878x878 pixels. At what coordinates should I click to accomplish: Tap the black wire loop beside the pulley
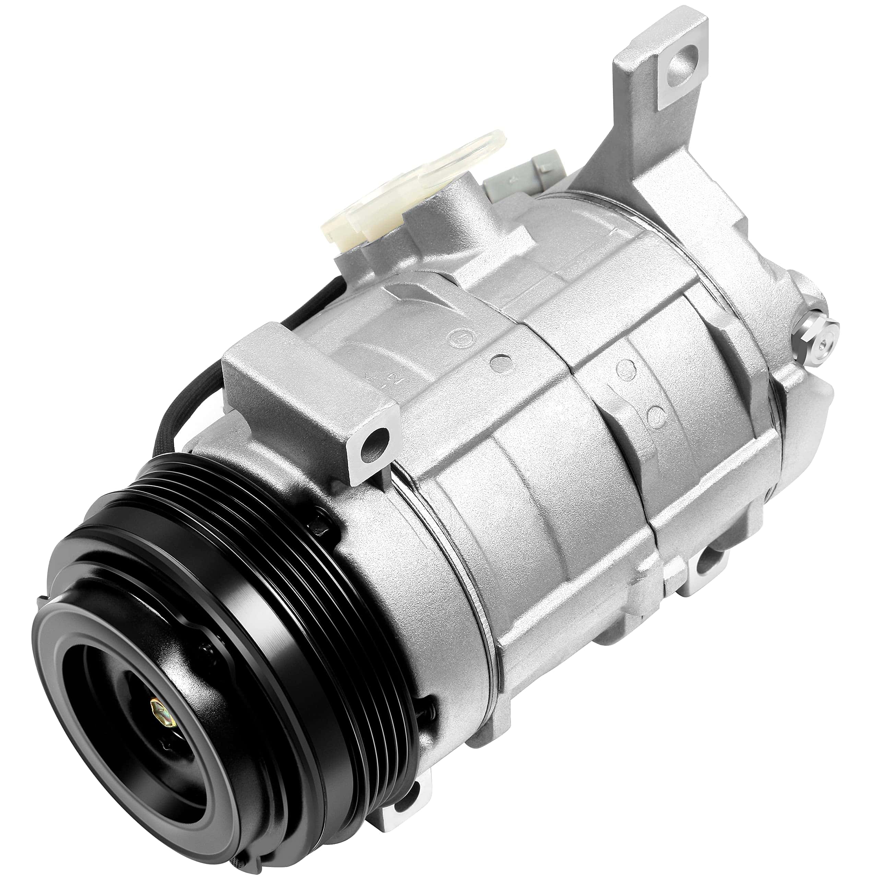point(182,404)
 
